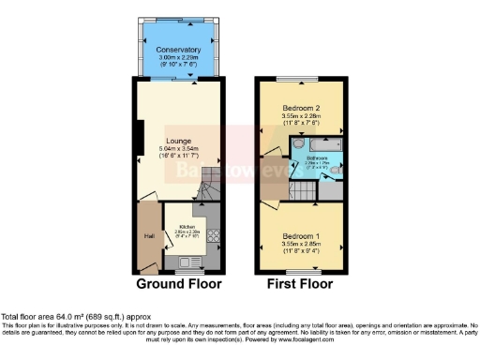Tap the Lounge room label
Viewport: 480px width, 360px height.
pos(178,141)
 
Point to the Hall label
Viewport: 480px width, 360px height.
pos(148,235)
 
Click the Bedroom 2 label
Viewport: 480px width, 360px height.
pos(301,108)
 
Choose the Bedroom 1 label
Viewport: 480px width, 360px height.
pos(301,234)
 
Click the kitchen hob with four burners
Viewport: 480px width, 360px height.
pos(214,233)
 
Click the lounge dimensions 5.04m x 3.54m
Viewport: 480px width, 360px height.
pos(178,150)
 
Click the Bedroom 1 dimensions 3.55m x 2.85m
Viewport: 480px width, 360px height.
pos(301,244)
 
